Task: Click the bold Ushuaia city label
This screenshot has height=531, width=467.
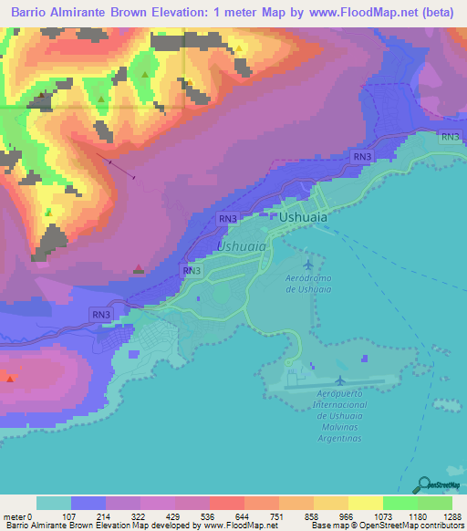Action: (303, 219)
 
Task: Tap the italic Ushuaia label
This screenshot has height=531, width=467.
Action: (242, 246)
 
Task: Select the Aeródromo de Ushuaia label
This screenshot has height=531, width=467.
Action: (306, 284)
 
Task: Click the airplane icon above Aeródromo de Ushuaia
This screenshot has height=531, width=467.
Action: (306, 264)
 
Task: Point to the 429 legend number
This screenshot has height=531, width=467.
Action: (174, 515)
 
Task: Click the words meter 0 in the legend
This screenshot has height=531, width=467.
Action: (19, 515)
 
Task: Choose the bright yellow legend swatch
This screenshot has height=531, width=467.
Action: (365, 503)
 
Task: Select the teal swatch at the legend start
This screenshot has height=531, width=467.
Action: (54, 503)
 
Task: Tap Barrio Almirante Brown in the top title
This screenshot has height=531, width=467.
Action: (72, 12)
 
